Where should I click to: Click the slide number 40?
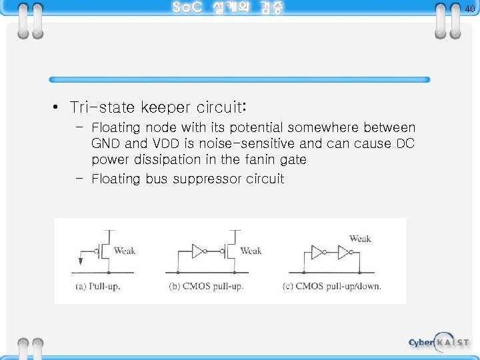pyautogui.click(x=469, y=9)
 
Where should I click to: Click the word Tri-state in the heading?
pyautogui.click(x=101, y=107)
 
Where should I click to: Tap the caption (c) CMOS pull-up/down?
pyautogui.click(x=338, y=287)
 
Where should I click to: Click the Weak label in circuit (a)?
pyautogui.click(x=125, y=251)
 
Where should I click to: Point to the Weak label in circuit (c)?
pyautogui.click(x=360, y=238)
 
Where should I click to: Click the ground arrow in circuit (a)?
pyautogui.click(x=81, y=261)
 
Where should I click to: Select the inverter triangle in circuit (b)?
pyautogui.click(x=198, y=251)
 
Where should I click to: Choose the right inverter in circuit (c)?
pyautogui.click(x=344, y=252)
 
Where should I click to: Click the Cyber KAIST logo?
pyautogui.click(x=439, y=342)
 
